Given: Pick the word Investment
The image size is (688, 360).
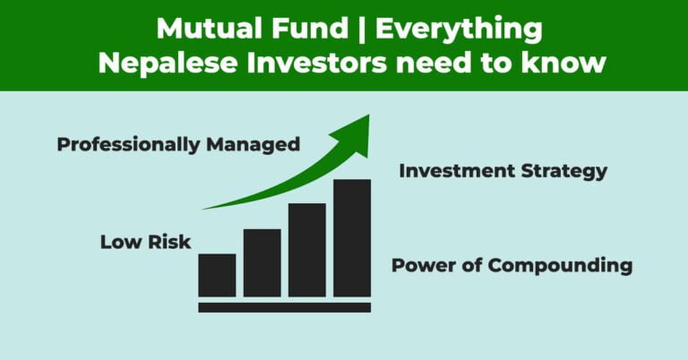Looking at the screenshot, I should tap(454, 171).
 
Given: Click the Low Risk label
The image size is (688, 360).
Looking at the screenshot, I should tap(145, 242).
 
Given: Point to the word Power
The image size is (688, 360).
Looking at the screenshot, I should tap(425, 266).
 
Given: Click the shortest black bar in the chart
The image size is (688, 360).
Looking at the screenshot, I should tap(217, 276).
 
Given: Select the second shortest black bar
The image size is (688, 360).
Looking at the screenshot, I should tap(262, 263).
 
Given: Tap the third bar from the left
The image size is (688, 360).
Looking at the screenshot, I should tap(306, 251).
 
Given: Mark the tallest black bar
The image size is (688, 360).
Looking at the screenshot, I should tap(352, 238).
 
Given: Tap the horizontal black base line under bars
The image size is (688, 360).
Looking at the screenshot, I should tap(284, 307).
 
